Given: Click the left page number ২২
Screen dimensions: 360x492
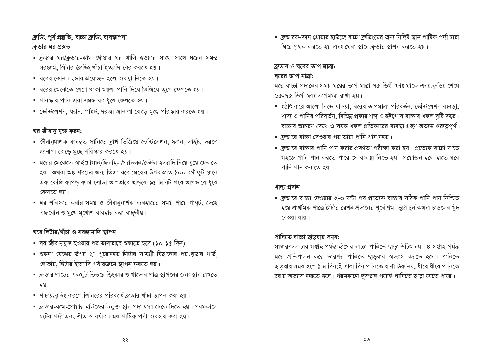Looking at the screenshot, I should coord(125,340).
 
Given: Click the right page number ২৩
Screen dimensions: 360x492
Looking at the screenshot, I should coord(367,340).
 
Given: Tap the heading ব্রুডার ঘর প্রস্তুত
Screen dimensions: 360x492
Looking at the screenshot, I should coord(51,47).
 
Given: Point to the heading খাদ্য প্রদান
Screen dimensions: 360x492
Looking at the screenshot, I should coord(287,187).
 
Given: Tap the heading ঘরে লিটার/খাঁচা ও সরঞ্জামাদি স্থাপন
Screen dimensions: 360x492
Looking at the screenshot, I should coord(74,232).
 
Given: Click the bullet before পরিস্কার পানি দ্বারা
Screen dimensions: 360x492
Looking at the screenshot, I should coord(35,100).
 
